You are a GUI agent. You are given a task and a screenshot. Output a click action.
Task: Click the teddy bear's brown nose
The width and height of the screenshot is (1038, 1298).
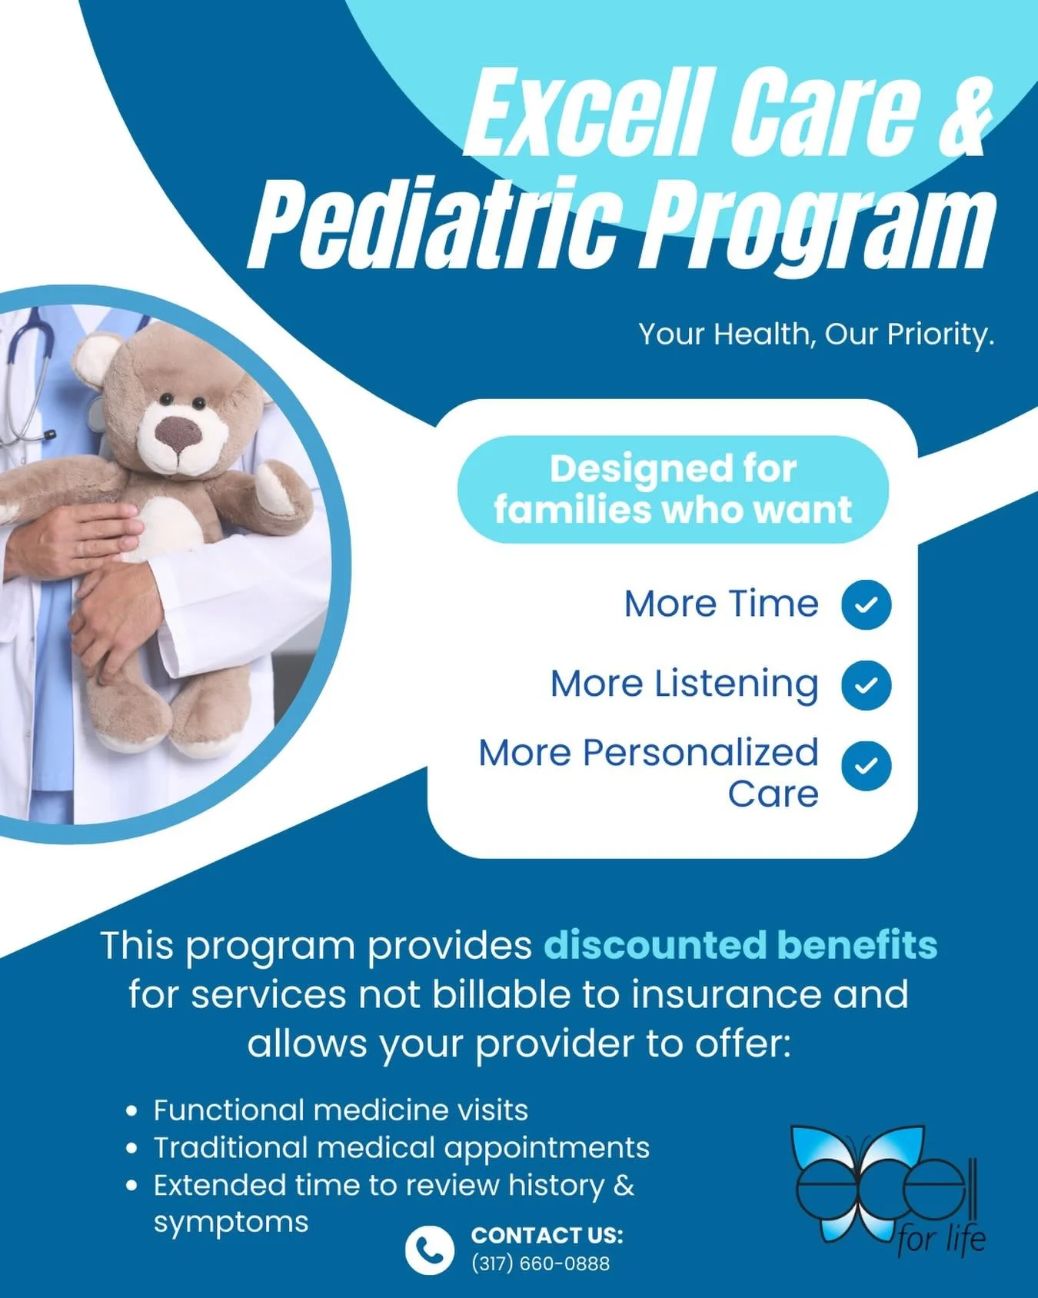(x=178, y=434)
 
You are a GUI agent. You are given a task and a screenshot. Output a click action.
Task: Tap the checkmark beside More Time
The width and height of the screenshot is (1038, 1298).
(x=866, y=605)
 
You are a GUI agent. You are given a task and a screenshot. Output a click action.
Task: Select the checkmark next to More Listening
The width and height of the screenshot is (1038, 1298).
(x=866, y=684)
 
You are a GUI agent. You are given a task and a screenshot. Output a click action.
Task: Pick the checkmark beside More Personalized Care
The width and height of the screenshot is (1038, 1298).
(x=866, y=766)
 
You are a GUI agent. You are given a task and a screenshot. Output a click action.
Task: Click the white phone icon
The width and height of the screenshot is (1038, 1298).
(x=429, y=1250)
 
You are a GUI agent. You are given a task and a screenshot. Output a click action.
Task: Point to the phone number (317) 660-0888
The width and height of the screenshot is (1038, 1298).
(x=540, y=1263)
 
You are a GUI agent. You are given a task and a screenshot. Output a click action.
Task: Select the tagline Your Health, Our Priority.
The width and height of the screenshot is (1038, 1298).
(x=816, y=334)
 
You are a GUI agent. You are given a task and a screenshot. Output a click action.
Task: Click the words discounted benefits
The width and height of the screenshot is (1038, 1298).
(x=740, y=945)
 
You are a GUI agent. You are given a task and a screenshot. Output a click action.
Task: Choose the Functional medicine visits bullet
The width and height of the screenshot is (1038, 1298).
(x=341, y=1110)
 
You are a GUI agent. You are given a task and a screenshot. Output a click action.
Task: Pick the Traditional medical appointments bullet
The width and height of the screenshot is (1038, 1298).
(x=401, y=1147)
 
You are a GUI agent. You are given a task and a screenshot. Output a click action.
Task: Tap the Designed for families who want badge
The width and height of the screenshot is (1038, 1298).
(x=673, y=489)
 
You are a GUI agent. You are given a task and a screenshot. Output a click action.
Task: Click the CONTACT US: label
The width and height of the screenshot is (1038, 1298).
(x=547, y=1235)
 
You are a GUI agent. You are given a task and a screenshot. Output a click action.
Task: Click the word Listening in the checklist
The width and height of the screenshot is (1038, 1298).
(x=736, y=684)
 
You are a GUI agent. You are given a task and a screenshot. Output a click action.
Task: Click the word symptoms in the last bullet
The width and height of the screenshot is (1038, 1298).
(x=231, y=1221)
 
